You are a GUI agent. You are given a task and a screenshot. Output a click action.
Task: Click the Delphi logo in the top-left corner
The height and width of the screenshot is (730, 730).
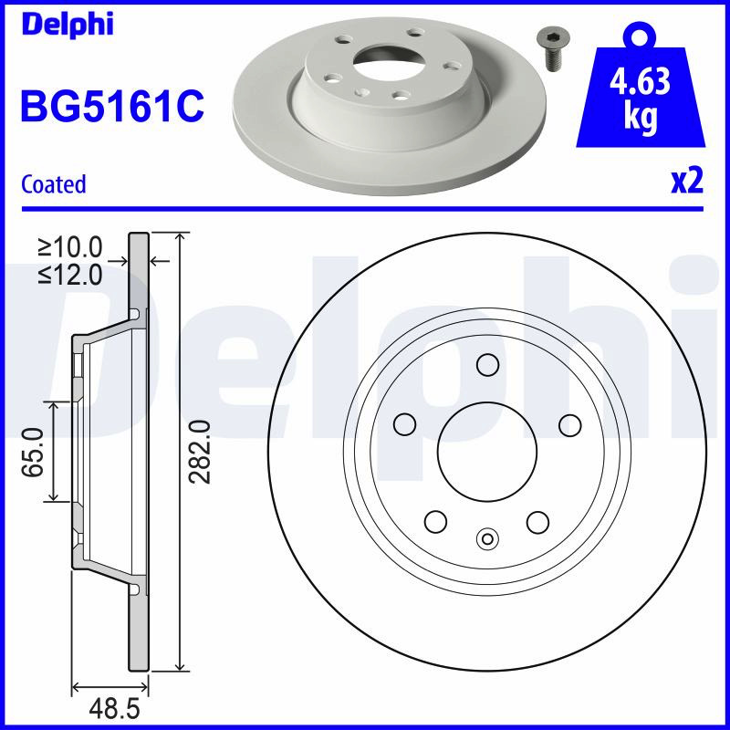pyautogui.click(x=68, y=25)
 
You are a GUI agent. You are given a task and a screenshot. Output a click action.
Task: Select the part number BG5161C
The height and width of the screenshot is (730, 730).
pyautogui.click(x=112, y=107)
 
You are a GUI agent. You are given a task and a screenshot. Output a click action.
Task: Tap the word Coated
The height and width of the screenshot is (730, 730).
pyautogui.click(x=54, y=184)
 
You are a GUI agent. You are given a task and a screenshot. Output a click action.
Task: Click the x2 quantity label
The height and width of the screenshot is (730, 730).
pyautogui.click(x=687, y=181)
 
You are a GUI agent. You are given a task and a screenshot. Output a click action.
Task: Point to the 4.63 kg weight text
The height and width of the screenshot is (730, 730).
pyautogui.click(x=641, y=99)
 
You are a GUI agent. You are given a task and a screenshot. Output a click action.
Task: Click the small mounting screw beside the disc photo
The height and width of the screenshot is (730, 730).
pyautogui.click(x=553, y=49)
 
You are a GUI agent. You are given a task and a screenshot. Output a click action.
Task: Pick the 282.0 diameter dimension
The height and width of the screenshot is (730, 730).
pyautogui.click(x=200, y=452)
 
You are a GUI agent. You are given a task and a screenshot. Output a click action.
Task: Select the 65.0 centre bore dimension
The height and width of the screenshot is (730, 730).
pyautogui.click(x=33, y=452)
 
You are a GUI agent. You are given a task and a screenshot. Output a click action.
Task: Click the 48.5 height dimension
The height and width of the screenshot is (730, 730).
pyautogui.click(x=115, y=709)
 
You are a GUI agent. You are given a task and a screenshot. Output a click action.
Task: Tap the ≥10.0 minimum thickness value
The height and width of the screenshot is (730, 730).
pyautogui.click(x=70, y=247)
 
